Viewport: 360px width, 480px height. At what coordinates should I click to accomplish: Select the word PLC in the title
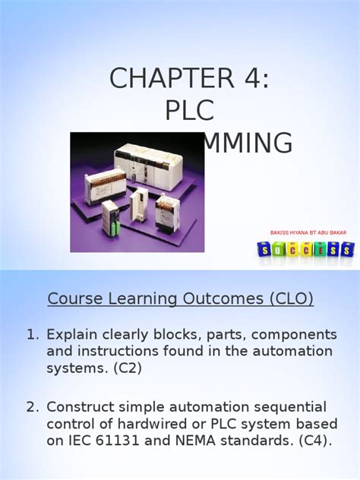tap(190, 110)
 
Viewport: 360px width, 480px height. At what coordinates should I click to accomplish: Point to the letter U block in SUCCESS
tap(275, 249)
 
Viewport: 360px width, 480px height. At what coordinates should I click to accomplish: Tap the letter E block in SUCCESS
tap(317, 249)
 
